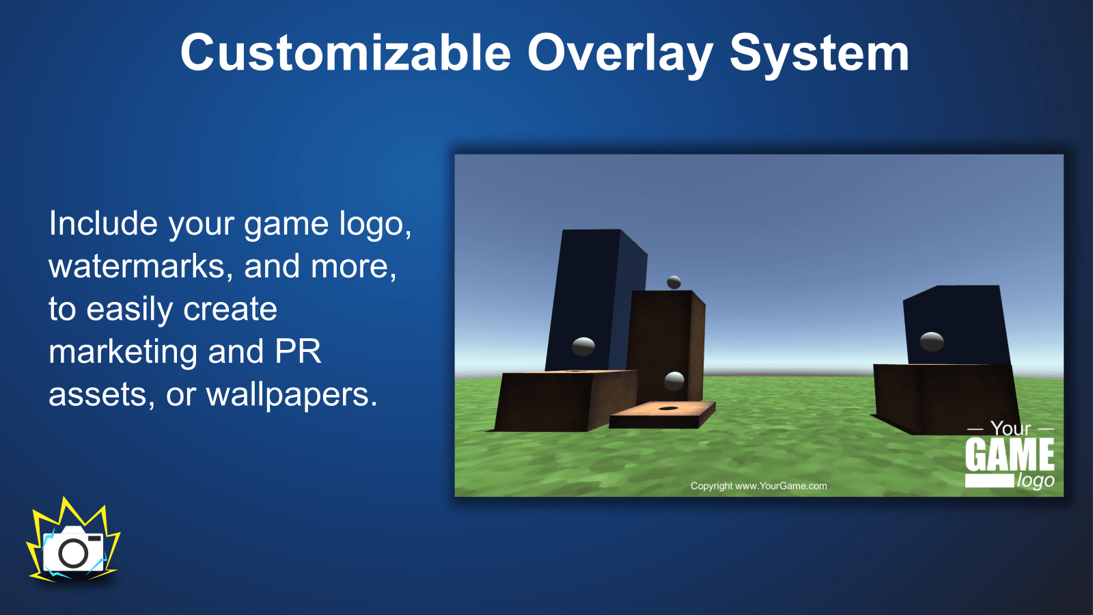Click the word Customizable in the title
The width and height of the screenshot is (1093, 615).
346,53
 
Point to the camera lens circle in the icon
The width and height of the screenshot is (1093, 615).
73,553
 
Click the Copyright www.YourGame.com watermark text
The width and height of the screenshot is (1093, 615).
758,486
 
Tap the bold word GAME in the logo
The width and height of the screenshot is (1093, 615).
1010,454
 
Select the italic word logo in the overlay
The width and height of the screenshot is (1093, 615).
1036,481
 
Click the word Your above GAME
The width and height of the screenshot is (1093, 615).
1010,428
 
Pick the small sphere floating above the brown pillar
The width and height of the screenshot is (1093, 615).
674,282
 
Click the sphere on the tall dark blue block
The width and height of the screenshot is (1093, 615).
583,346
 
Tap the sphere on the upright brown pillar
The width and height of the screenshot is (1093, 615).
674,381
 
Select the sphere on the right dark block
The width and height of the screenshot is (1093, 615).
932,342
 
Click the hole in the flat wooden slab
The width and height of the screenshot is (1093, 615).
668,408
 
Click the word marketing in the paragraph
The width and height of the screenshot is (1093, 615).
123,353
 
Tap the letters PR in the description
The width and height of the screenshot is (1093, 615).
298,351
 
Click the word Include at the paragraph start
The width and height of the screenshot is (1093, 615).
103,223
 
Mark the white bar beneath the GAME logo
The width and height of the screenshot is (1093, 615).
990,481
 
